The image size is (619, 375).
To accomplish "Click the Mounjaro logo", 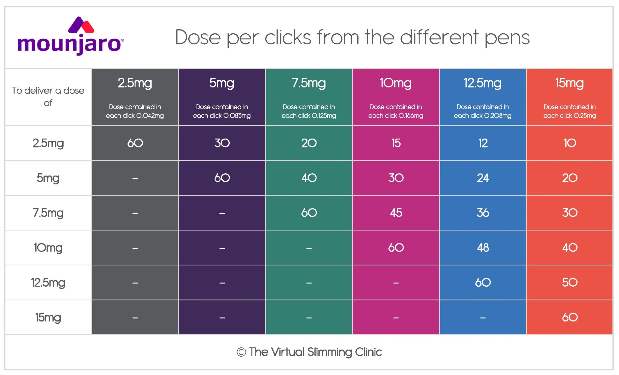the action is coord(71,36).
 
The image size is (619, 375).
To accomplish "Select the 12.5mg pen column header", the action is coord(483,97).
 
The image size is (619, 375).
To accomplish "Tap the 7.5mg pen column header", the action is coord(309,97).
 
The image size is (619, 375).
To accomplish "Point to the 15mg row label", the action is coord(48,317).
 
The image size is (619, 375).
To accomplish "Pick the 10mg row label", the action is coord(48,248).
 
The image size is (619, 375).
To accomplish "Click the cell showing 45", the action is coord(396,213).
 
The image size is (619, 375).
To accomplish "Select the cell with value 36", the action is coord(483,213).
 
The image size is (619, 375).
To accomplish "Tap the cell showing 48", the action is coord(483,248).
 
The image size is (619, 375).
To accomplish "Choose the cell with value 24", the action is coord(483,178).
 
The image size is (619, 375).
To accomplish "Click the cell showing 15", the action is coord(396,143).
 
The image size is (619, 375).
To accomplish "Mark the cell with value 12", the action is coord(483,143).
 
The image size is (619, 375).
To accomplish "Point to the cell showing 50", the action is coord(570,283).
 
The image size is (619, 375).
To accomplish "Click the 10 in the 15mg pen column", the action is coord(570,143).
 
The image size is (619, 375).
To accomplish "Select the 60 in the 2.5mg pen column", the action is coord(135,143).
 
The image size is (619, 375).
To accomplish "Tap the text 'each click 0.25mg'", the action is coord(569,116).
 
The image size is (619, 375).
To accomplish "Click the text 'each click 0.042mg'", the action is coord(135,116).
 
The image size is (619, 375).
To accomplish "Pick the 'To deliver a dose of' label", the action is coord(48,97).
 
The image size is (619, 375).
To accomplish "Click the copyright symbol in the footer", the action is coord(241,352).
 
